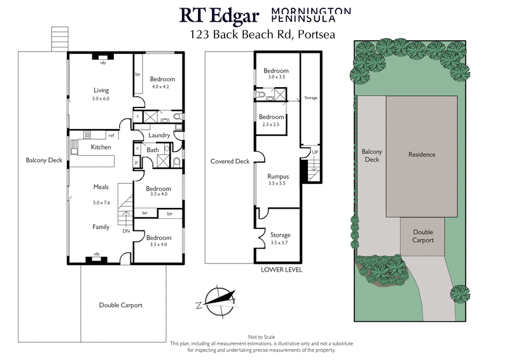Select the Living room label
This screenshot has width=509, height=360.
pos(102,90)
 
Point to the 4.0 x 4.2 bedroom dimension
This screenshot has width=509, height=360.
pos(162,87)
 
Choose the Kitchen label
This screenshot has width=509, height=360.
pos(101,147)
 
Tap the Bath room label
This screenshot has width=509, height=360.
pos(152,150)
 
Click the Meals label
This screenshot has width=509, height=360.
pos(101,187)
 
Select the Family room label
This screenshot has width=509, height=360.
pos(101,227)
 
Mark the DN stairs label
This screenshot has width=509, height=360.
pos(126,232)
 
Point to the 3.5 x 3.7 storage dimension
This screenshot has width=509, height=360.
pos(280,242)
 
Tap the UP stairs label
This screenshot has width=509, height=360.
pos(314,152)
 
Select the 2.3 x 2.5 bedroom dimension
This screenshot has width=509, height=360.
pos(271,125)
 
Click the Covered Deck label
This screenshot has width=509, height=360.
pos(230,162)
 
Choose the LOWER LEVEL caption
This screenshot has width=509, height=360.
pos(281,270)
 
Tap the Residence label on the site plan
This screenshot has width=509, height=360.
pos(421,155)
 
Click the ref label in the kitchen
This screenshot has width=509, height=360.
pos(111,135)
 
